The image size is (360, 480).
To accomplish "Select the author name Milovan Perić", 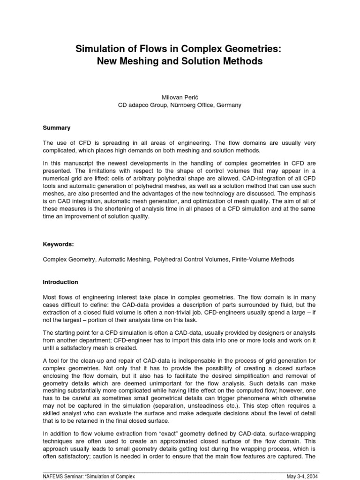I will (180, 97).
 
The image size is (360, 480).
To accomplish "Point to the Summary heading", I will (57, 127).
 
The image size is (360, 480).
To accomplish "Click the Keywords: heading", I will (59, 244).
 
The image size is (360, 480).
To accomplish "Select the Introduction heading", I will (60, 282).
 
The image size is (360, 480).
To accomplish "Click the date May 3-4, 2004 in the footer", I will (303, 477).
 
